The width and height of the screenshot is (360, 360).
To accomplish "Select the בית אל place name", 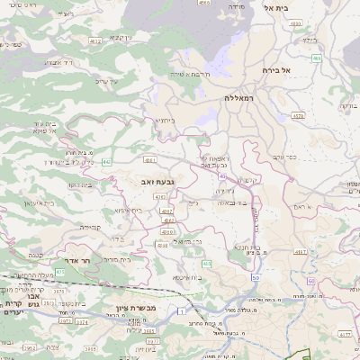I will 275,7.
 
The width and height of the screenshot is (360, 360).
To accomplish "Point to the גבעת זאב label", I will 158,181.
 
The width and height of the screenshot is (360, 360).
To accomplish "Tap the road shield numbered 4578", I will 298,115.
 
